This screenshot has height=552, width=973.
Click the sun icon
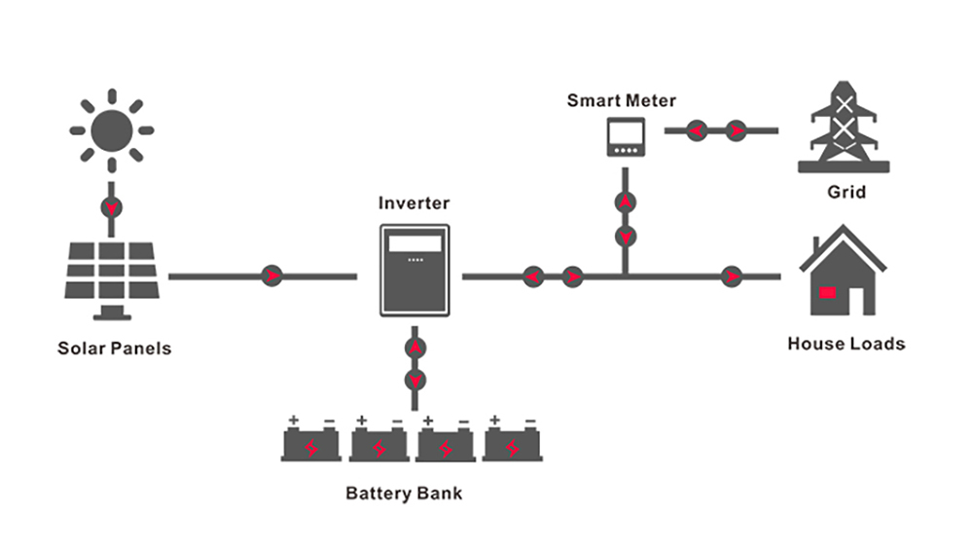[112, 130]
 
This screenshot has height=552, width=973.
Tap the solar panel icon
[112, 280]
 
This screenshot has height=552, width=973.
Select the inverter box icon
[414, 270]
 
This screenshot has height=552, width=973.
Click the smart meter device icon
[626, 136]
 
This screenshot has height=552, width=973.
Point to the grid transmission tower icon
[844, 127]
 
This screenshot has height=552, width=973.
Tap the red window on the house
[827, 292]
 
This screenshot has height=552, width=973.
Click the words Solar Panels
[114, 349]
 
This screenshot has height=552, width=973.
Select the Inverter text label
[414, 203]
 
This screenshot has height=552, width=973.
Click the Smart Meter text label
[621, 100]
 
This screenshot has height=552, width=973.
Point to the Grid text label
[847, 192]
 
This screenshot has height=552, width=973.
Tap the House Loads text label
[847, 344]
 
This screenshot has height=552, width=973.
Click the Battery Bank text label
[404, 494]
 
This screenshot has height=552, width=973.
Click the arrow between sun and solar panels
[112, 207]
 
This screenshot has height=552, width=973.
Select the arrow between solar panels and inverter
[271, 276]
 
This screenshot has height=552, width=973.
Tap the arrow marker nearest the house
[733, 276]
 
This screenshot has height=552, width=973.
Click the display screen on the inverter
[414, 244]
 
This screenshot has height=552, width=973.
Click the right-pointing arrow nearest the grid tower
[737, 131]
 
